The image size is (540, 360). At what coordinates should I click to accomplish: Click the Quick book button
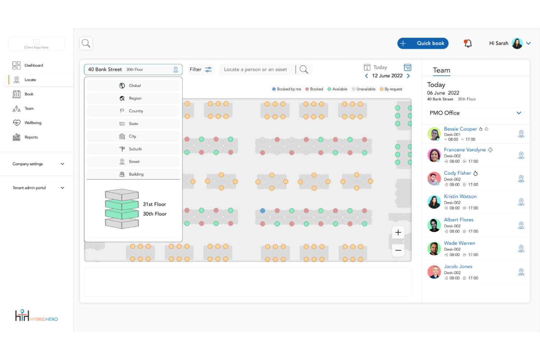(423, 43)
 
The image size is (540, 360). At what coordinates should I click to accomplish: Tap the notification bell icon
(467, 43)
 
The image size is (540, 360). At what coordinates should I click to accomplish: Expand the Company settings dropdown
(38, 164)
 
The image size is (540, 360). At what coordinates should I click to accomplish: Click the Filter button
(201, 69)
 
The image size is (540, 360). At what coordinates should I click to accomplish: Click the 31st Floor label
(154, 204)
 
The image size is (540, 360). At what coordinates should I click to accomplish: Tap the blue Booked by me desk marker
(262, 211)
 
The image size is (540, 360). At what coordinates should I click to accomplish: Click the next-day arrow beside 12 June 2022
(408, 76)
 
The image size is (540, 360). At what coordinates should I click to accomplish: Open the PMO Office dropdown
(475, 113)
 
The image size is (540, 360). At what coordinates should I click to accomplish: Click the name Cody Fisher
(457, 173)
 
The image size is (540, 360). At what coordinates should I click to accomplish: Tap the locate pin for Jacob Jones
(521, 272)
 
